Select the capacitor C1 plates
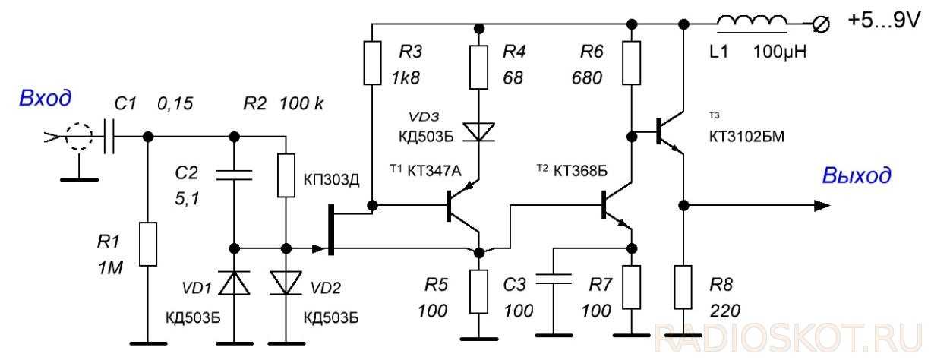tap(109, 137)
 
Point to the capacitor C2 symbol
tap(234, 175)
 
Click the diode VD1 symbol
tap(234, 282)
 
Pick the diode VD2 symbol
tap(286, 282)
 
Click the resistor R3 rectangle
tap(372, 63)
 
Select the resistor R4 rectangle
tap(478, 68)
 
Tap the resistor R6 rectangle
tap(630, 63)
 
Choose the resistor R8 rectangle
tap(683, 285)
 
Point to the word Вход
tap(46, 99)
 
